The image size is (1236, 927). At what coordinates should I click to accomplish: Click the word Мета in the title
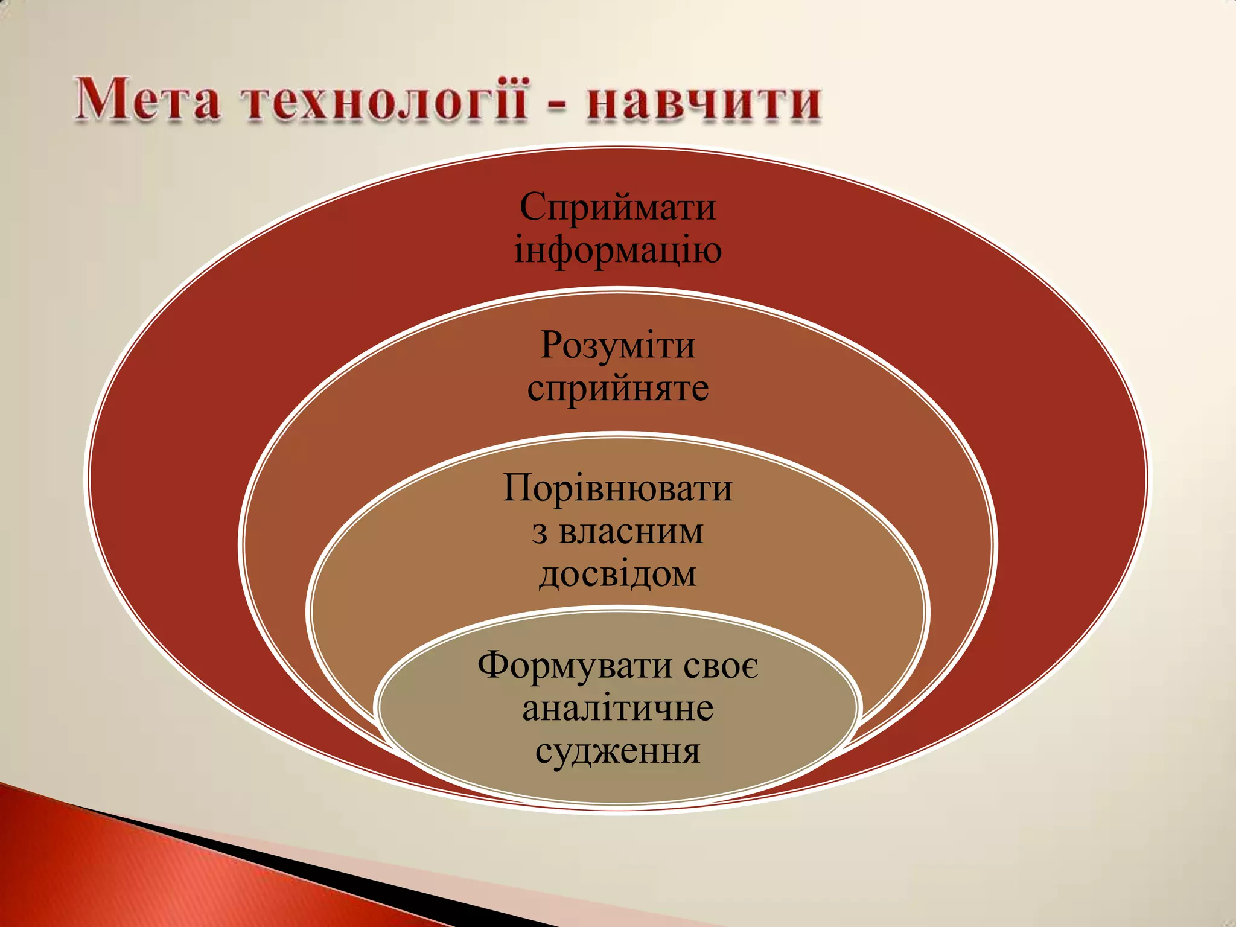[148, 100]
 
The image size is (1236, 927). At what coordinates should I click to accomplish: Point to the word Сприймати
[617, 207]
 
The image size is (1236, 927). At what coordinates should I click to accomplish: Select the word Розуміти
[617, 345]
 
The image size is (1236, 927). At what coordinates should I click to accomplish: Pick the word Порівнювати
[617, 488]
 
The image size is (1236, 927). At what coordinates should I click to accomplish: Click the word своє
[721, 666]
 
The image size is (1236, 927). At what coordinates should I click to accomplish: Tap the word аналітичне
[617, 709]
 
